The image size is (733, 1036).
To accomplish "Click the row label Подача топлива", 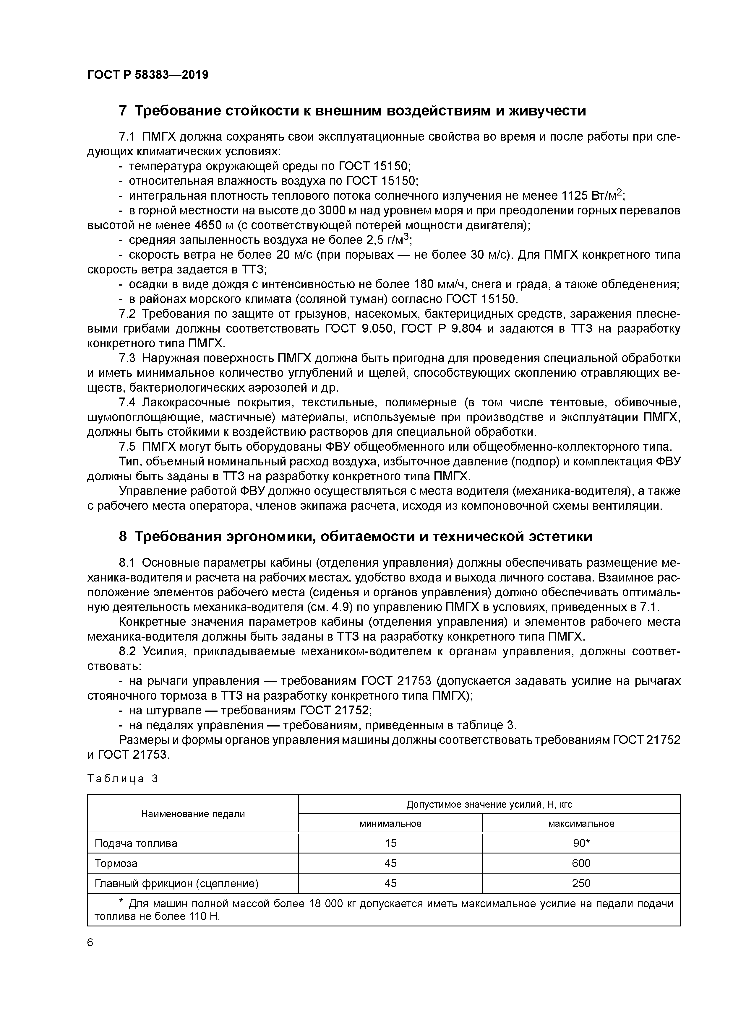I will click(x=136, y=844).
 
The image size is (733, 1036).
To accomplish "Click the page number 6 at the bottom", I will click(x=90, y=943).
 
